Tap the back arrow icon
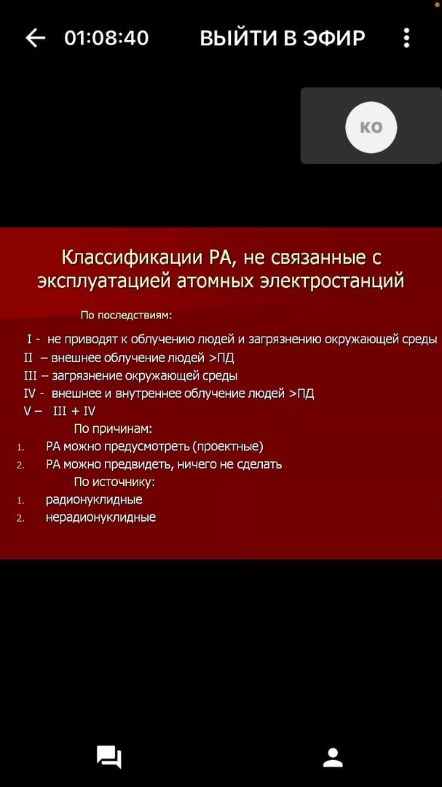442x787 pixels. pos(35,38)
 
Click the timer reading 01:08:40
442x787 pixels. pos(107,38)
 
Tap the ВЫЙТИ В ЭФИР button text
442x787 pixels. pos(283,38)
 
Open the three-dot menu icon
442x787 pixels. pos(406,38)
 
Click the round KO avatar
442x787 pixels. pos(371,127)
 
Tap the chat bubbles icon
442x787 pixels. pos(109,757)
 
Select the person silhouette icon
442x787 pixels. pos(333,757)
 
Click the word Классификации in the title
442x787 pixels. pos(133,258)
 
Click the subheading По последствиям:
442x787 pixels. pos(127,316)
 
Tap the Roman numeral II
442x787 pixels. pos(28,358)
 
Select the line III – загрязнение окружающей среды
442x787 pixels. pos(130,376)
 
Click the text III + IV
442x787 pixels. pos(74,412)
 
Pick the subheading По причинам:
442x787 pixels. pos(113,429)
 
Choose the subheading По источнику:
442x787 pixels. pos(114,482)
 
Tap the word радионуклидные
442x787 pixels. pos(95,500)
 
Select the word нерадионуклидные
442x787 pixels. pos(100,517)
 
